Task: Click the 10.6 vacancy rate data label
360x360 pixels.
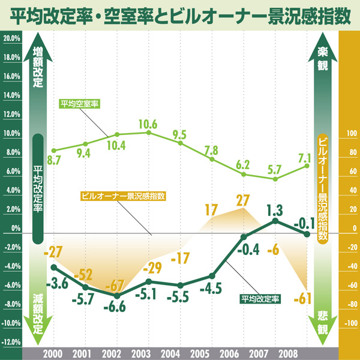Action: (x=148, y=125)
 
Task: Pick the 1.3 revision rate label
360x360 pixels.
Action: (x=274, y=210)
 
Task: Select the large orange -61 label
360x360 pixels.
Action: (x=305, y=297)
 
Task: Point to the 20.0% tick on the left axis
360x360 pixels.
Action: (x=12, y=39)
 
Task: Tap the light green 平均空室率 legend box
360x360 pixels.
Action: (x=80, y=103)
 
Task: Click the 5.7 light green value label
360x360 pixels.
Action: (x=275, y=169)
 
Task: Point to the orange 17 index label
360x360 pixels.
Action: (x=211, y=210)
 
